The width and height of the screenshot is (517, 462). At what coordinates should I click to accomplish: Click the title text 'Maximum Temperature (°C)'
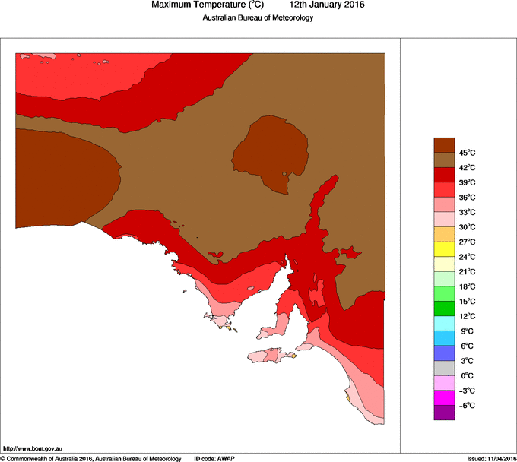click(207, 5)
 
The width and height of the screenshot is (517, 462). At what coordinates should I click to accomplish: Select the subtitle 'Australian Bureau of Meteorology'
click(258, 17)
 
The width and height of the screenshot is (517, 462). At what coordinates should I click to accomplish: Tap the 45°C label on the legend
click(467, 153)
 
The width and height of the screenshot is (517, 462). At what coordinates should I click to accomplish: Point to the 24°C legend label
click(467, 257)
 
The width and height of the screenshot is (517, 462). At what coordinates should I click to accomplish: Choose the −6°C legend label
click(467, 405)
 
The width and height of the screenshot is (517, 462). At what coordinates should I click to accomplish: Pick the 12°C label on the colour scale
click(467, 316)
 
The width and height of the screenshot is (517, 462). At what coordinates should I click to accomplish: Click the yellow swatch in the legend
click(444, 249)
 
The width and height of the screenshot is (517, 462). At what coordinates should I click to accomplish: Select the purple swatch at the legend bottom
click(444, 413)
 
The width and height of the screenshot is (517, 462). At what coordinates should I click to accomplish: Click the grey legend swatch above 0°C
click(444, 368)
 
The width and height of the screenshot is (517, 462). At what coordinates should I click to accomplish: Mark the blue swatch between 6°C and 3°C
click(444, 353)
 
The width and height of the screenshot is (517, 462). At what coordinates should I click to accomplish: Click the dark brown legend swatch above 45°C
click(444, 145)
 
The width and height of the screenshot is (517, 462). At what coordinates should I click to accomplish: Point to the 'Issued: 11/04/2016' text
click(491, 458)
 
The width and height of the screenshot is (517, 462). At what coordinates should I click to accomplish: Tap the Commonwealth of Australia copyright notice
click(90, 458)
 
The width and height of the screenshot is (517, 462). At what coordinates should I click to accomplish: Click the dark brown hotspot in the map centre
click(271, 152)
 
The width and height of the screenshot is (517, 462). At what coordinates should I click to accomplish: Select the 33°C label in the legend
click(467, 212)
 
